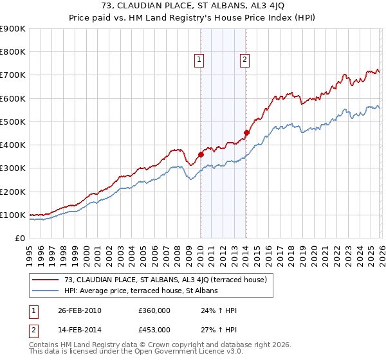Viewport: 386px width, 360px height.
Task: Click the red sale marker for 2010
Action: (201, 154)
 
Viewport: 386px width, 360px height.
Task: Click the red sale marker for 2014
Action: (246, 132)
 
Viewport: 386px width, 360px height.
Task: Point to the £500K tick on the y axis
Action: (12, 122)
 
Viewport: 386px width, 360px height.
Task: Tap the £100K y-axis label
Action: (12, 215)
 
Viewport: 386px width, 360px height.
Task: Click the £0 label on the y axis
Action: (19, 238)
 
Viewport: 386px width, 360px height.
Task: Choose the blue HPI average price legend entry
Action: (141, 291)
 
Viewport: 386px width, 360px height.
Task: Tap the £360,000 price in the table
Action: (154, 310)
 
